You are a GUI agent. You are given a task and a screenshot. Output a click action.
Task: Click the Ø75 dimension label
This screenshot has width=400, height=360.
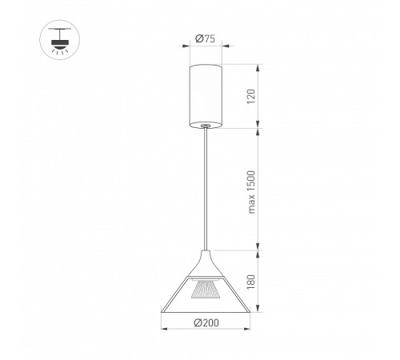pyautogui.click(x=205, y=39)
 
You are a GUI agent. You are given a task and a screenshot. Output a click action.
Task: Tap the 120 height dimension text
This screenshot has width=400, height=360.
pyautogui.click(x=251, y=97)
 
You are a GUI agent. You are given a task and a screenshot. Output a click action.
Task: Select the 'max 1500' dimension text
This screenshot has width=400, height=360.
pyautogui.click(x=251, y=192)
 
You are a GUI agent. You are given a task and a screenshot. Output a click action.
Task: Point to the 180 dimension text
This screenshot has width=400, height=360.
pyautogui.click(x=251, y=282)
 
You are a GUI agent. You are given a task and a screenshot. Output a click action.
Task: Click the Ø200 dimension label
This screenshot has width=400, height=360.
pyautogui.click(x=206, y=322)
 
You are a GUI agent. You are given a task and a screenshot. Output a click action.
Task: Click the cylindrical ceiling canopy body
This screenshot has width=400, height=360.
pyautogui.click(x=206, y=96)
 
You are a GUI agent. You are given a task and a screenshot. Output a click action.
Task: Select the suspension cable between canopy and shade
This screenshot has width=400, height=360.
pyautogui.click(x=206, y=189)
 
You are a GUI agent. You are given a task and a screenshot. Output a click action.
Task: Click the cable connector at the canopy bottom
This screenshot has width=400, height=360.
pyautogui.click(x=206, y=125)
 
